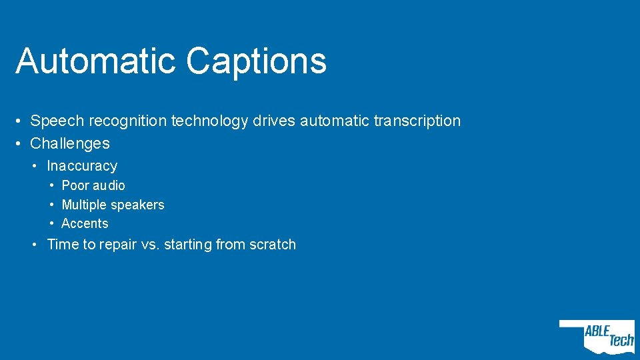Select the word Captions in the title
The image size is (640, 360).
pyautogui.click(x=257, y=62)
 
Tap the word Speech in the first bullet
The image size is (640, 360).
pyautogui.click(x=57, y=121)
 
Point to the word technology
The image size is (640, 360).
pyautogui.click(x=210, y=121)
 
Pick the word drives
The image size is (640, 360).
pyautogui.click(x=274, y=121)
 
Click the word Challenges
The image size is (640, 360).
pyautogui.click(x=70, y=143)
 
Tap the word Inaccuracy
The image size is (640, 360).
pyautogui.click(x=82, y=166)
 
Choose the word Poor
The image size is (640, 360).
pyautogui.click(x=75, y=185)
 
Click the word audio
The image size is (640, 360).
pyautogui.click(x=109, y=185)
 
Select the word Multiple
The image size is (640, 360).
pyautogui.click(x=84, y=205)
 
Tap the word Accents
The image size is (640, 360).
pyautogui.click(x=85, y=224)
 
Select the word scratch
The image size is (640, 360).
pyautogui.click(x=272, y=245)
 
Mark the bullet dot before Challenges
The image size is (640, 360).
pyautogui.click(x=21, y=143)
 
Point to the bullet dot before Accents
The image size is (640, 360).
pyautogui.click(x=52, y=224)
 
